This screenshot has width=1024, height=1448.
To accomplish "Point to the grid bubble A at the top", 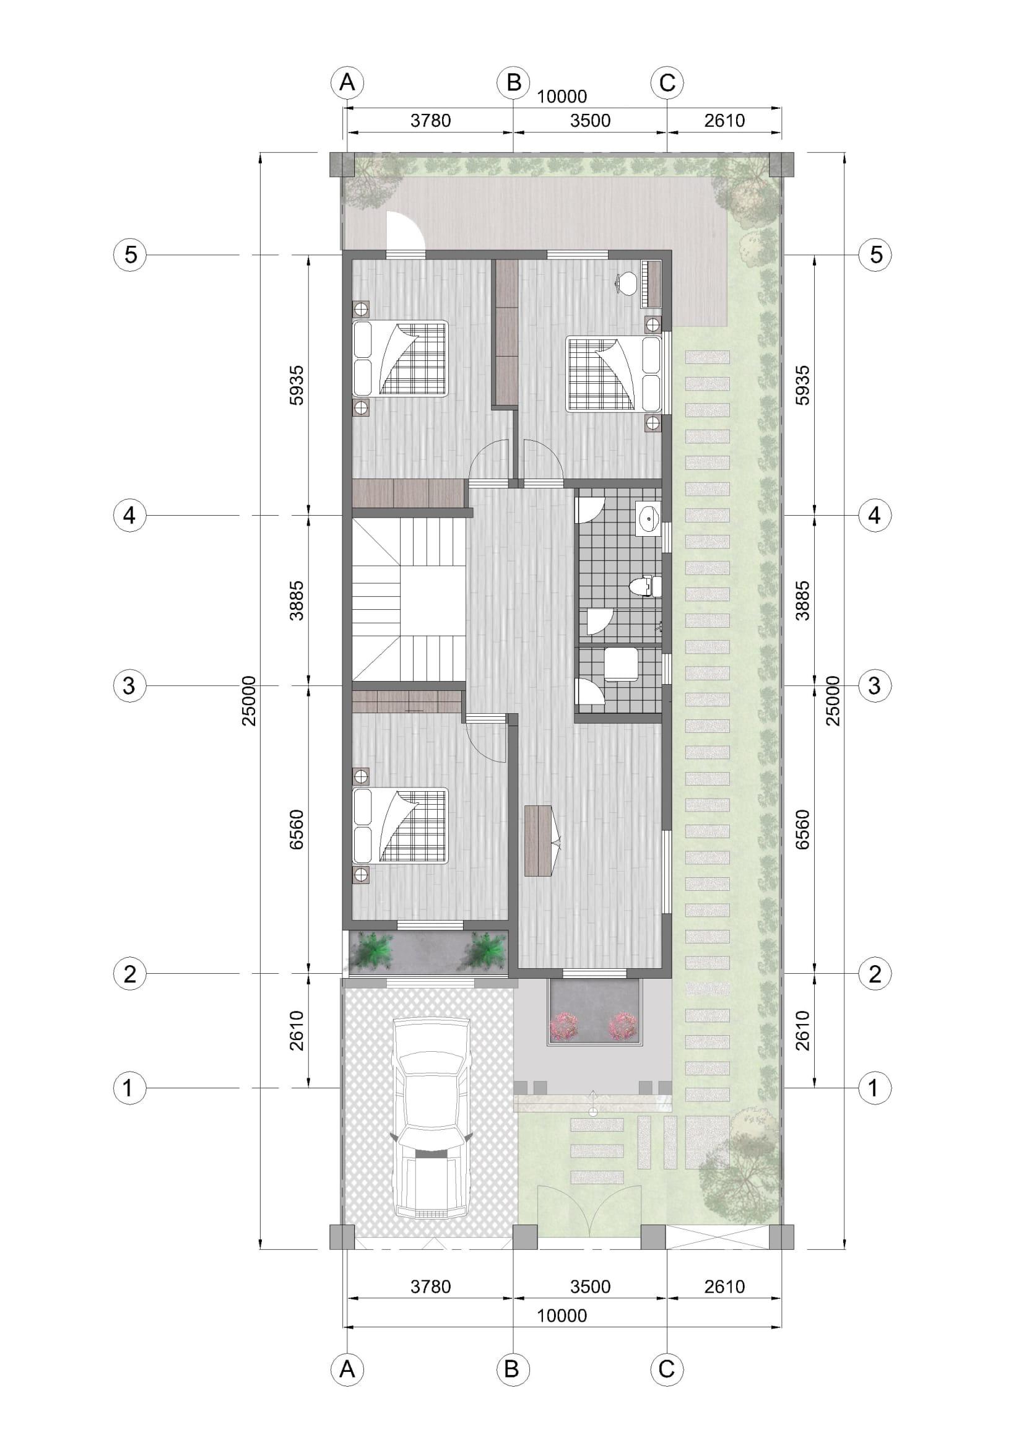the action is (x=347, y=82).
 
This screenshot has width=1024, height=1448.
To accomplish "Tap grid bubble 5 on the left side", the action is (x=129, y=255).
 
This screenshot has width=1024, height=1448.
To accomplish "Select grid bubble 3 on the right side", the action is (x=874, y=685).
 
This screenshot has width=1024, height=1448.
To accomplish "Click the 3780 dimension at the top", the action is (x=431, y=120).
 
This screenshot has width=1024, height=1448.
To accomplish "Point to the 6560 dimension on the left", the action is (x=297, y=830).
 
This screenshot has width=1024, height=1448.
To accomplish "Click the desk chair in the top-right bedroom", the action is (x=625, y=282).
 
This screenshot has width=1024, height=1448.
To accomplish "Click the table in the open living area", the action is (x=538, y=841).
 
